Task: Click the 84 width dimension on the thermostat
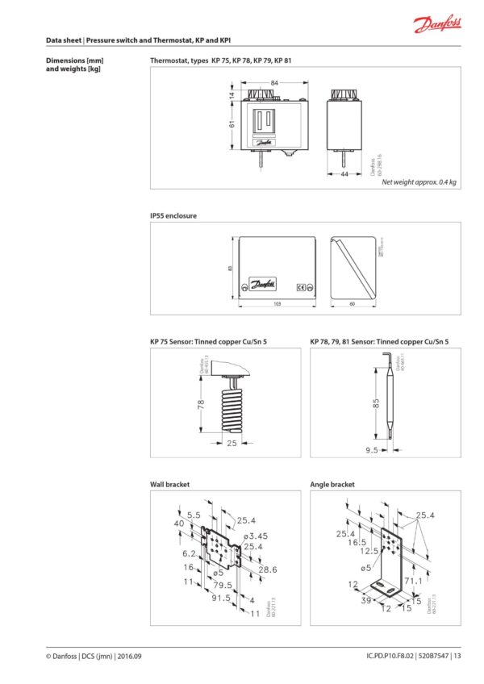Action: pyautogui.click(x=274, y=82)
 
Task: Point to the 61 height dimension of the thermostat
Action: pyautogui.click(x=231, y=123)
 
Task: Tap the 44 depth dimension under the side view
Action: pyautogui.click(x=344, y=173)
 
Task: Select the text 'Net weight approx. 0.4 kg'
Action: pyautogui.click(x=419, y=182)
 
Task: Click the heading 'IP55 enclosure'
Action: pyautogui.click(x=173, y=216)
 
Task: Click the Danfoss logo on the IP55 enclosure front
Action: pyautogui.click(x=264, y=283)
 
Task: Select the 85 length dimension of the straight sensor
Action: pyautogui.click(x=376, y=403)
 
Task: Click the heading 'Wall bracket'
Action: pyautogui.click(x=169, y=485)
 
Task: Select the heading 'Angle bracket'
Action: pyautogui.click(x=332, y=485)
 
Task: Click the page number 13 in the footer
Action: pyautogui.click(x=457, y=655)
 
